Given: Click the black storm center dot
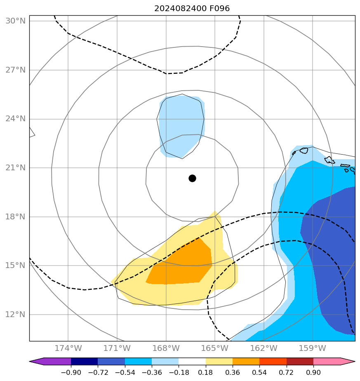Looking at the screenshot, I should [x=192, y=178].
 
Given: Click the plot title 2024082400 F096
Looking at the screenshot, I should [x=192, y=8].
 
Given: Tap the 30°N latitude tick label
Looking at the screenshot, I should [x=15, y=21].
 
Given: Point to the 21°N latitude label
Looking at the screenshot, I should [x=15, y=168].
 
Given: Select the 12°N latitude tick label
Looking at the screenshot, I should [x=15, y=315].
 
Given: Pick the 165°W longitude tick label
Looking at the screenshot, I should [x=215, y=348].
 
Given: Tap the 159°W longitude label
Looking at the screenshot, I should [x=313, y=348].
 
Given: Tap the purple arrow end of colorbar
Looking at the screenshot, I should [x=36, y=362].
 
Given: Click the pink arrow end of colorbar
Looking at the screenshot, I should [x=347, y=362].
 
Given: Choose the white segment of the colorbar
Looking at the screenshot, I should [x=192, y=362].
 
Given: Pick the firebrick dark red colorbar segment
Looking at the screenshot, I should [x=300, y=362].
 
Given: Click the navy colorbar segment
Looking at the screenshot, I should [x=84, y=362].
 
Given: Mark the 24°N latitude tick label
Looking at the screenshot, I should [x=15, y=119].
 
